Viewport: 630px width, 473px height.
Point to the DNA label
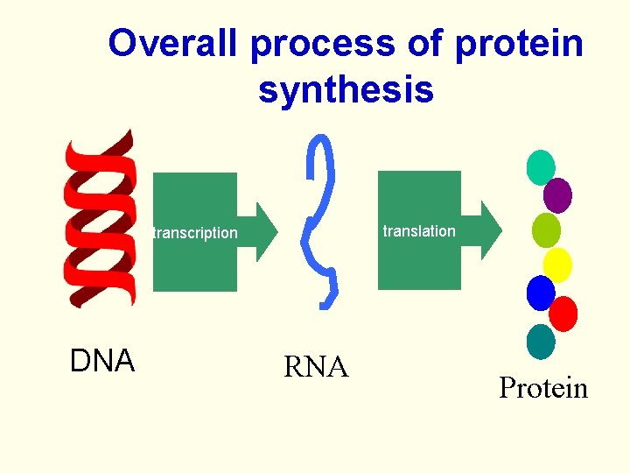(x=101, y=361)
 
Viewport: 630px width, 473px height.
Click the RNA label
(x=316, y=368)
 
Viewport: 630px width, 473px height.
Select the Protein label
(x=542, y=388)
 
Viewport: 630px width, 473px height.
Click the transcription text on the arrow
(x=195, y=233)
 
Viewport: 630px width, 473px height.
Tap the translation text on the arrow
(x=419, y=231)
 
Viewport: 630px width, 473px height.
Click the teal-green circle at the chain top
(x=541, y=167)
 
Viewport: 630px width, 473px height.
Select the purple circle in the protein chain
(x=557, y=194)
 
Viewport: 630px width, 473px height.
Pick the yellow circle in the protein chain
(x=557, y=264)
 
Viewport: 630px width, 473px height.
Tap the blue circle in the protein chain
(x=541, y=293)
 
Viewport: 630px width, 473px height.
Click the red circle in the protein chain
(x=563, y=313)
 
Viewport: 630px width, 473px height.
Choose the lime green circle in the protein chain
(x=546, y=229)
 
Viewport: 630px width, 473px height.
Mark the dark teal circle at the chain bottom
(x=541, y=342)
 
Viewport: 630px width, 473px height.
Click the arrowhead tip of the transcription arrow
(x=276, y=231)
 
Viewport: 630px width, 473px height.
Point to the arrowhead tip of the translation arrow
(x=501, y=229)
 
